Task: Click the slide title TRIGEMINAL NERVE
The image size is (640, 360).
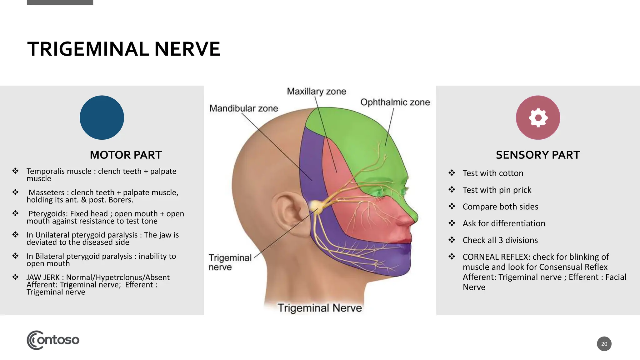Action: (124, 49)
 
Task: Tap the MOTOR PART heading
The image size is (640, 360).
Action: (126, 155)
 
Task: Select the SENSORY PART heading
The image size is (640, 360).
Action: (537, 155)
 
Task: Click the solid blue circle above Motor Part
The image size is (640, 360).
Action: (102, 117)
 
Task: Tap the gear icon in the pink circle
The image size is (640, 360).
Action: (538, 117)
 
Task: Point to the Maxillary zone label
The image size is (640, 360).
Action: (316, 91)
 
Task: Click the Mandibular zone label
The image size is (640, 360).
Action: (243, 108)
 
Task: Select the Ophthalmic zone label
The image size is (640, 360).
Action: (395, 102)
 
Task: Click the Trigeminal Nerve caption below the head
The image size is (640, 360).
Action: (319, 308)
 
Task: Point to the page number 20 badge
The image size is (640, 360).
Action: (604, 344)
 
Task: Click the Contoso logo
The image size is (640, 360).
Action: (53, 340)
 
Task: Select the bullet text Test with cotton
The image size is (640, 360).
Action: (493, 173)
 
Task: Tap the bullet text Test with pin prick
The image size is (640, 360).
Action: (497, 190)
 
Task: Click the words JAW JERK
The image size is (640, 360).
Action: (43, 277)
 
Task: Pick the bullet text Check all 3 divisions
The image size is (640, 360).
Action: (500, 240)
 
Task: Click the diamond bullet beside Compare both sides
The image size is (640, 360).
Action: (452, 206)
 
